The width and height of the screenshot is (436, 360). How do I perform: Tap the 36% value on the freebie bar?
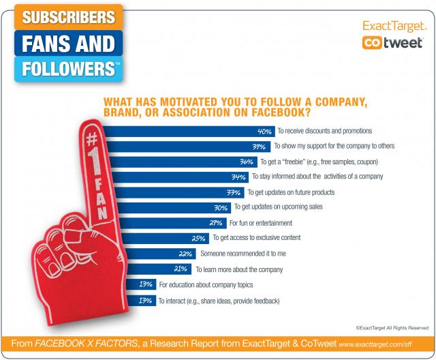click(248, 162)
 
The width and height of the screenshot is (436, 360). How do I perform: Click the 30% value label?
click(222, 207)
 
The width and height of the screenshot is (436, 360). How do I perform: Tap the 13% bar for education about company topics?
click(136, 284)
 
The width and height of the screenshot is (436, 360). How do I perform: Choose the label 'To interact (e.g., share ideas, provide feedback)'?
click(218, 300)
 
